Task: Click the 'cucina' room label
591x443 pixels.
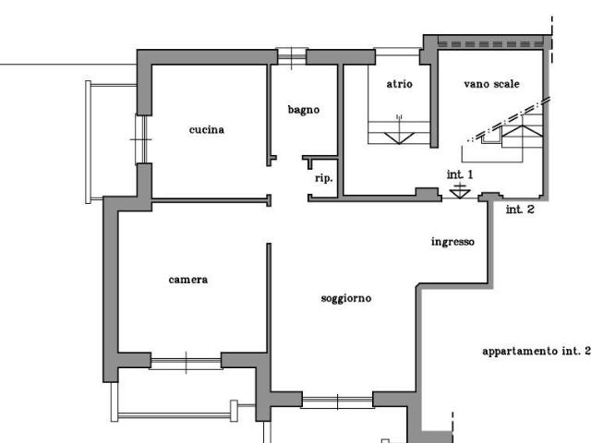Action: tap(207, 129)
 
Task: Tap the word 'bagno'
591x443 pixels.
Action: tap(304, 110)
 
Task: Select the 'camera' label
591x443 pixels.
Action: tap(188, 280)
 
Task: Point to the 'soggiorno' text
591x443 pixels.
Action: tap(346, 299)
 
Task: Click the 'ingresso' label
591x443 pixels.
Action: tap(452, 242)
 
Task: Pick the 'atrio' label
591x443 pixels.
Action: tap(400, 84)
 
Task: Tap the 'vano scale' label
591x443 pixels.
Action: tap(491, 84)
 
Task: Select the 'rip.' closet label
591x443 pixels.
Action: tap(324, 178)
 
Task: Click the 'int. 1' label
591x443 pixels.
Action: tap(460, 174)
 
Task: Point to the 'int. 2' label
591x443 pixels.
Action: tap(520, 210)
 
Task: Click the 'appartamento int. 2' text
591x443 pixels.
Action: tap(536, 351)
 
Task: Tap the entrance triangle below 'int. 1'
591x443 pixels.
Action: tap(460, 194)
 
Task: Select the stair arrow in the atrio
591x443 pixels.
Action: tap(399, 138)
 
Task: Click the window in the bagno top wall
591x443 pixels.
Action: tap(292, 57)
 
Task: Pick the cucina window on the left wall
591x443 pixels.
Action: tap(141, 139)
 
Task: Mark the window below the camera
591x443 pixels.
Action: tap(186, 363)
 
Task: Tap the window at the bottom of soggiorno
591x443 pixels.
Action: tap(337, 401)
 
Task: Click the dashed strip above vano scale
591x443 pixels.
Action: tap(491, 44)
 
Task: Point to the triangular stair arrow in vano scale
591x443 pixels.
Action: tap(522, 131)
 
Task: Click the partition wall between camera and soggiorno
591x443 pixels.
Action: tap(269, 298)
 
